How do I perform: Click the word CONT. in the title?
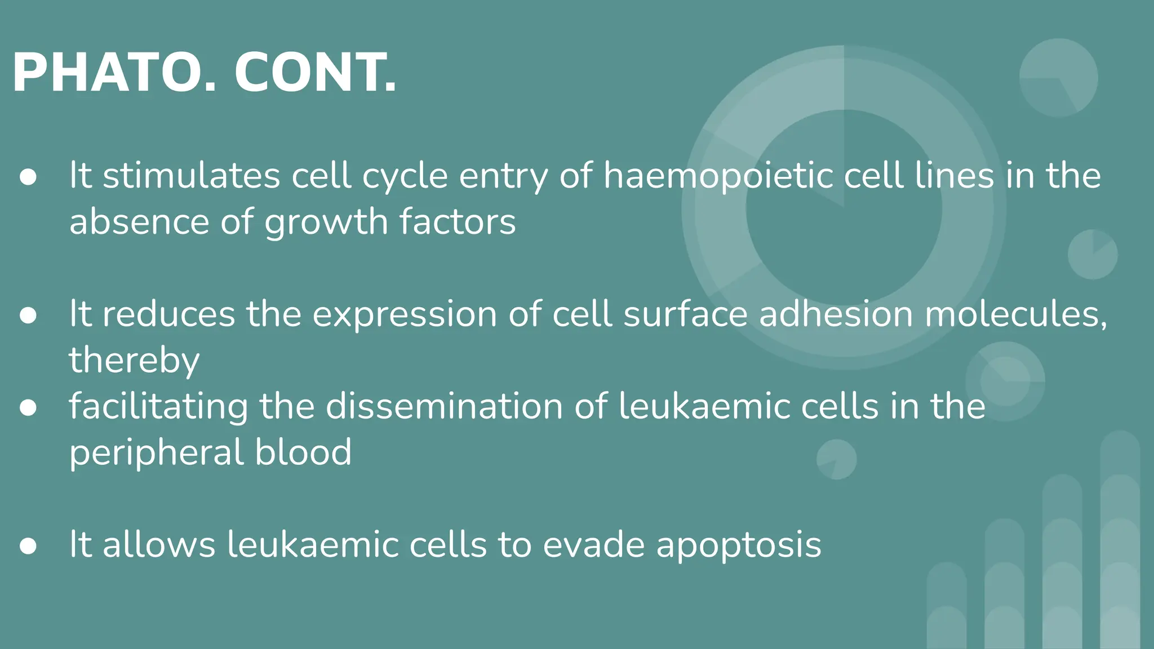coord(316,73)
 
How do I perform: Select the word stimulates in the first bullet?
coord(192,176)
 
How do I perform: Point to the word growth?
coord(326,223)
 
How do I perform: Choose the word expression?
coord(405,315)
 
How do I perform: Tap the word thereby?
coord(134,361)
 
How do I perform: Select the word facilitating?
coord(158,407)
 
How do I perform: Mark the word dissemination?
coord(445,406)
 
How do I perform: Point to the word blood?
coord(303,452)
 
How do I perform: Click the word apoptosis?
coord(739,546)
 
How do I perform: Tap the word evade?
coord(593,545)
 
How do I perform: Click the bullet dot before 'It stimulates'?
coord(28,177)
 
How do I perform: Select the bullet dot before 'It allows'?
coord(28,546)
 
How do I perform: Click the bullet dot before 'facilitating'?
coord(28,407)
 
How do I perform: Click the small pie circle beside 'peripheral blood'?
coord(836,459)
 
